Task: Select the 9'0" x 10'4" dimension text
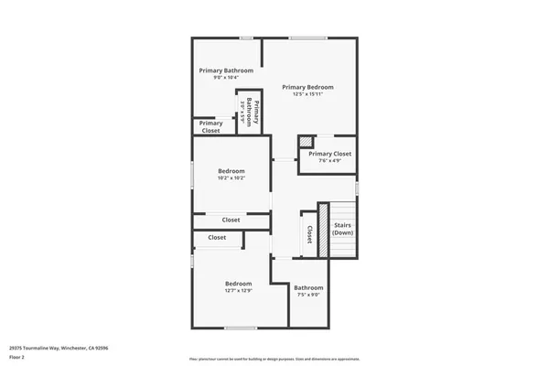pyautogui.click(x=226, y=78)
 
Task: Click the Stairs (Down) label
pyautogui.click(x=343, y=228)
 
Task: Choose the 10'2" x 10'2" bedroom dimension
pyautogui.click(x=231, y=178)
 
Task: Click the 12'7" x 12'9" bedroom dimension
pyautogui.click(x=238, y=291)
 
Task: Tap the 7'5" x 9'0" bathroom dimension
pyautogui.click(x=308, y=295)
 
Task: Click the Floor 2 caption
pyautogui.click(x=17, y=359)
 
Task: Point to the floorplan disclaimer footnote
pyautogui.click(x=274, y=359)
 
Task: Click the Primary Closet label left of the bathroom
pyautogui.click(x=210, y=126)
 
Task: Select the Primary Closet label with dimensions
pyautogui.click(x=329, y=154)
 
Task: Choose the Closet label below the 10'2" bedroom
pyautogui.click(x=231, y=220)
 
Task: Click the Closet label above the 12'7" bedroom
pyautogui.click(x=217, y=237)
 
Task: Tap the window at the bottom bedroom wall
pyautogui.click(x=241, y=328)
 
